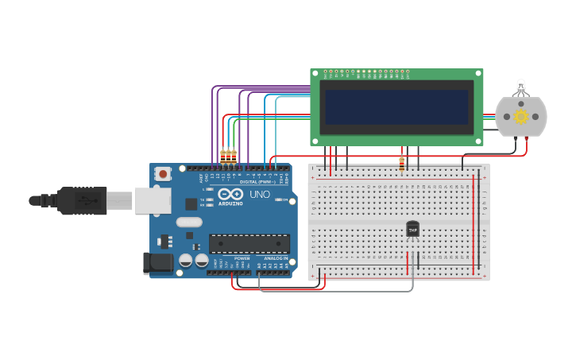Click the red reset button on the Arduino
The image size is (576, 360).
tap(163, 172)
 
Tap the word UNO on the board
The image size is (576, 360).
tap(260, 194)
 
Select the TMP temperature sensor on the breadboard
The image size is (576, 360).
tap(412, 229)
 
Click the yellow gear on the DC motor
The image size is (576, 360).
tap(521, 117)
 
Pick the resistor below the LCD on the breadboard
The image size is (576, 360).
tap(402, 165)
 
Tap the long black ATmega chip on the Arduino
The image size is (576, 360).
tap(249, 243)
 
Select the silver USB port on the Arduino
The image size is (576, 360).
tap(152, 199)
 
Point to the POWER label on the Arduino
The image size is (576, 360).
tap(242, 259)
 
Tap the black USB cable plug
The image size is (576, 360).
tap(79, 200)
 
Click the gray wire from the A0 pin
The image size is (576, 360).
tap(334, 291)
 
